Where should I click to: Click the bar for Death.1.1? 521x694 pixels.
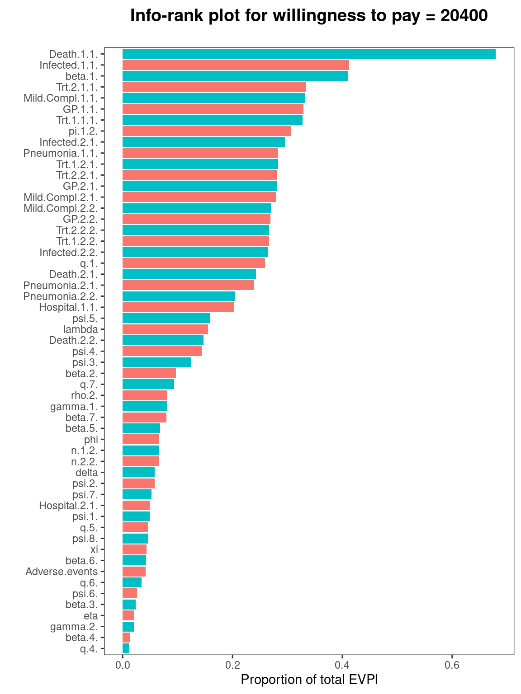(x=309, y=54)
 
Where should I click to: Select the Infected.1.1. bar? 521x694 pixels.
(x=236, y=65)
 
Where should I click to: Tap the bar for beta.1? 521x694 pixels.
(x=235, y=76)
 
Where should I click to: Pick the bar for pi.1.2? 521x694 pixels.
(x=206, y=131)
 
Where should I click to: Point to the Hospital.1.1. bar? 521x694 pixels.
(x=178, y=307)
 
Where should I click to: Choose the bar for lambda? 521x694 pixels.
(x=165, y=329)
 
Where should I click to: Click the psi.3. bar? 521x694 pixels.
(x=156, y=362)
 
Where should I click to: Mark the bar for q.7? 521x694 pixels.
(x=148, y=385)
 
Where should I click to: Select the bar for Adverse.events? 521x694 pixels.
(x=134, y=572)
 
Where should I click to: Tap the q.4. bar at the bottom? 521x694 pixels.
(x=126, y=649)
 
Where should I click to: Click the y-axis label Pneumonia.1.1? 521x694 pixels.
(x=60, y=153)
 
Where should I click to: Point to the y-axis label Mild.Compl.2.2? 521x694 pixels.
(x=60, y=208)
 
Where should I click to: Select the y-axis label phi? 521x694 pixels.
(x=91, y=440)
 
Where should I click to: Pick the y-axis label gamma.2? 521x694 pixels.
(x=74, y=627)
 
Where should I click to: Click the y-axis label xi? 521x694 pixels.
(x=94, y=549)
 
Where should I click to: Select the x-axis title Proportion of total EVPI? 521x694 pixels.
(x=309, y=680)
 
